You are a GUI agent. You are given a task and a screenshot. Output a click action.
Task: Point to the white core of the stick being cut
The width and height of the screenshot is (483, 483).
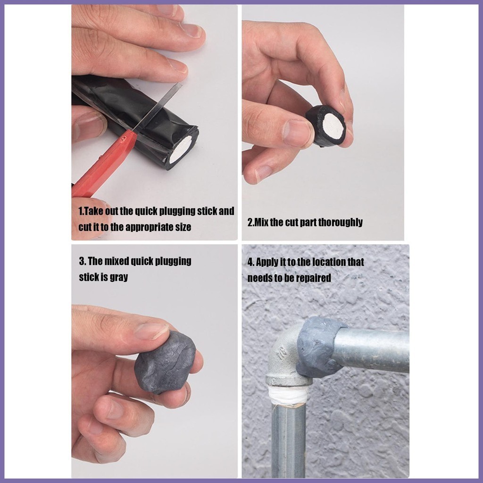[181, 149]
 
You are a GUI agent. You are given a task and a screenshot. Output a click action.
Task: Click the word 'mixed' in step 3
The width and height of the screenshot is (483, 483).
[117, 261]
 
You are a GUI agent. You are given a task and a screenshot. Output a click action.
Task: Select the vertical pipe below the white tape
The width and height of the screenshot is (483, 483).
[288, 441]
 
